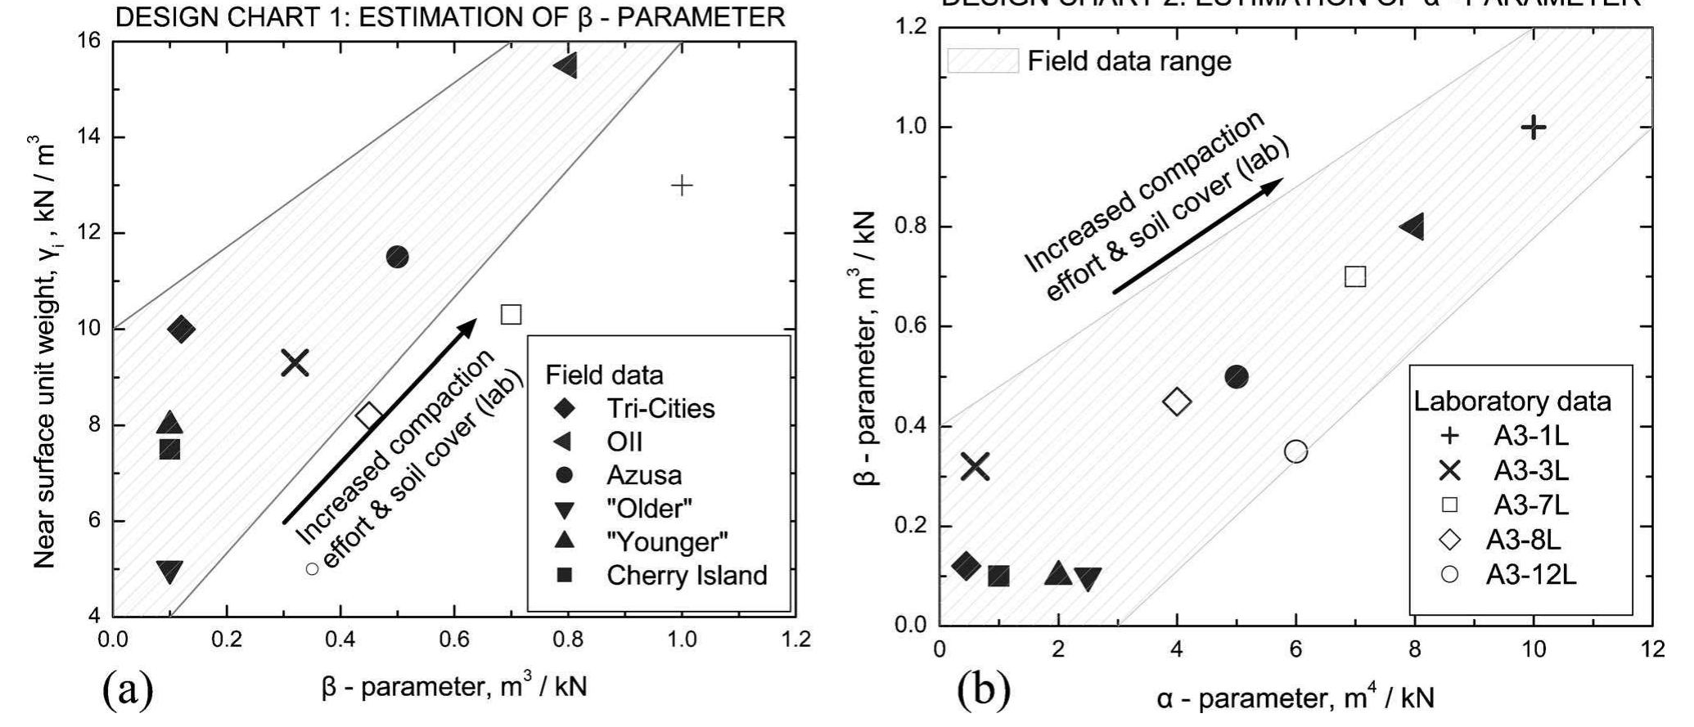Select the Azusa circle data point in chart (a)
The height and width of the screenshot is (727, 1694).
(397, 257)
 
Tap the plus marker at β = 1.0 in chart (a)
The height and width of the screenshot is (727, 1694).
(682, 186)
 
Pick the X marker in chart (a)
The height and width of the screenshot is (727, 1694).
(295, 362)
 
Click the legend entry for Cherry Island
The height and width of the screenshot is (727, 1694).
(659, 576)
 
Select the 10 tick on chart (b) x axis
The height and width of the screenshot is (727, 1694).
(1533, 649)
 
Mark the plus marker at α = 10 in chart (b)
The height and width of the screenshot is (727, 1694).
(1534, 127)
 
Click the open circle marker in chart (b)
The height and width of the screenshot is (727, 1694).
(1295, 451)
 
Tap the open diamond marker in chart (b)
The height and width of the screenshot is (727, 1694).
(1177, 402)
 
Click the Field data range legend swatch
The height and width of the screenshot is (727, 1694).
(983, 61)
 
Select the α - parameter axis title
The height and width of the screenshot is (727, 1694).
(1295, 699)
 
